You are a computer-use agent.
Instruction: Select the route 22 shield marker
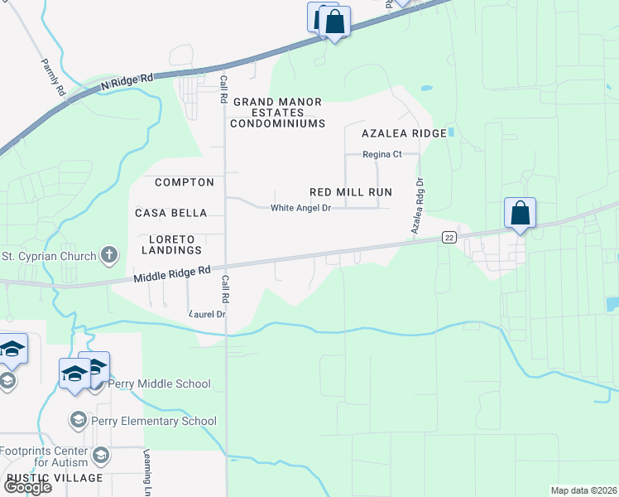click(x=449, y=238)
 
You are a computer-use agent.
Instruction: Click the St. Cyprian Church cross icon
click(x=108, y=255)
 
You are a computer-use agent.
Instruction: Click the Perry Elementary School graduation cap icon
click(x=79, y=421)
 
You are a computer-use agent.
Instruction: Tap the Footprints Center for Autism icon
click(x=101, y=455)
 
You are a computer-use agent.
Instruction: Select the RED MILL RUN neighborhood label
click(x=351, y=191)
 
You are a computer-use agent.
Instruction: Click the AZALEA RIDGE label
click(x=404, y=133)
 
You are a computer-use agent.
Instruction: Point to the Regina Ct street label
click(x=382, y=154)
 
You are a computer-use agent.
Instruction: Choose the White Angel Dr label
click(x=300, y=208)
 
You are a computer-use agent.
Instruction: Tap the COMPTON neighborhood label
click(x=185, y=181)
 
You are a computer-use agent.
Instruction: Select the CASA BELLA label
click(x=171, y=213)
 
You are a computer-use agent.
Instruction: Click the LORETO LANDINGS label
click(x=171, y=244)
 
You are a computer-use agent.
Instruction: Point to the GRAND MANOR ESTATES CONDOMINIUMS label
click(x=277, y=113)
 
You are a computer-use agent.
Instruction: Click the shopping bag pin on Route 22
click(x=520, y=214)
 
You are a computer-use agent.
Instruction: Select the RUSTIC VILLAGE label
click(x=55, y=478)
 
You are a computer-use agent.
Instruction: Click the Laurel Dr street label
click(x=208, y=314)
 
